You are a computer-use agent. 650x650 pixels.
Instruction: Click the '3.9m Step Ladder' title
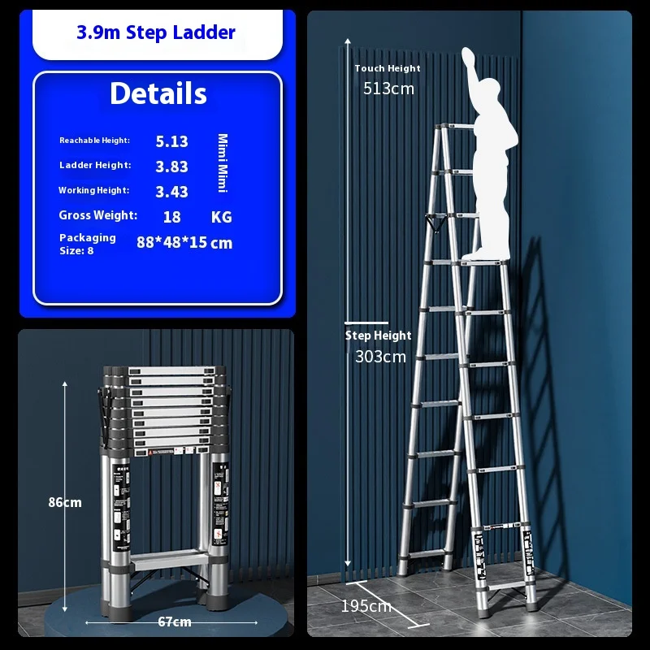tap(156, 32)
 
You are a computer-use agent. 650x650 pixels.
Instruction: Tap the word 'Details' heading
tap(158, 93)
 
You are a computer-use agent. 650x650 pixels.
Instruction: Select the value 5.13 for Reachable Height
tap(171, 141)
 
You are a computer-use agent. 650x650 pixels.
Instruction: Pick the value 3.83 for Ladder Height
tap(171, 167)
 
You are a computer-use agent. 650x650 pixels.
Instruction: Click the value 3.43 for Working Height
tap(171, 192)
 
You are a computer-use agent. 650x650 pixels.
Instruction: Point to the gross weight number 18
tap(171, 217)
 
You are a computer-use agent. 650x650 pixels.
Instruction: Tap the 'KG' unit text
tap(221, 217)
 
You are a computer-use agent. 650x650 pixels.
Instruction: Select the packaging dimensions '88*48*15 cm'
tap(184, 242)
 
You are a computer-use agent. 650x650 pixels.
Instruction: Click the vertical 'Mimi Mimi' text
tap(223, 163)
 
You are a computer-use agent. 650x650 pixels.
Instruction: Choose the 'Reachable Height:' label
tap(94, 141)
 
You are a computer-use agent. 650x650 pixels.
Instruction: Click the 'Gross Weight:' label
tap(97, 215)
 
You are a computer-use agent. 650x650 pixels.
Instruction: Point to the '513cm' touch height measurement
tap(388, 89)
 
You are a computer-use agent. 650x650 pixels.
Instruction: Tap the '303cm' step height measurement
tap(380, 357)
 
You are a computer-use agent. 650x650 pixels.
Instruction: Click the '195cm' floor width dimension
tap(366, 606)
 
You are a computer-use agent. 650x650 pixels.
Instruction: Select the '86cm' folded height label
tap(65, 502)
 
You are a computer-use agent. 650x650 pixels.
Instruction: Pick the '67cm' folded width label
tap(175, 622)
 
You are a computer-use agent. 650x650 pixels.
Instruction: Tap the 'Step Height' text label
tap(378, 336)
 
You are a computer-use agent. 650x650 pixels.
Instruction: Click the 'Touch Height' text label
tap(388, 68)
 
